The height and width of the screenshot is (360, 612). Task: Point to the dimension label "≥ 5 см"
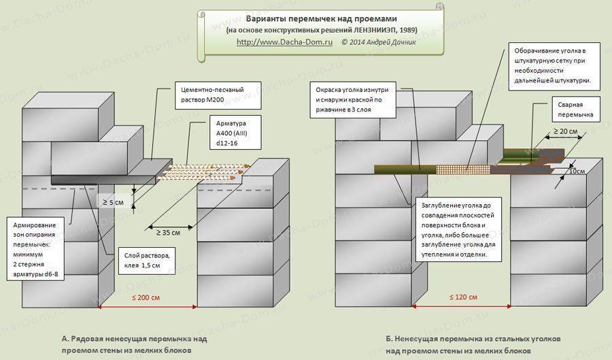113,203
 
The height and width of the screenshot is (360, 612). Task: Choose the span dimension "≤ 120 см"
463,297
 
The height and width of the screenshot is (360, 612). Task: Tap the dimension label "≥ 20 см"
565,131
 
